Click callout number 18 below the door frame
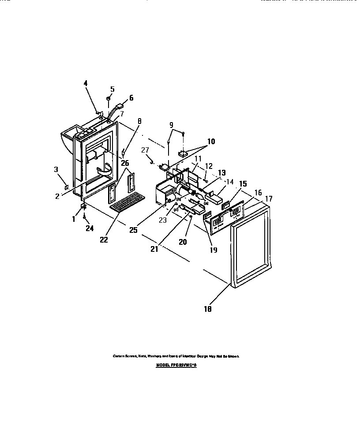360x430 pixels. [x=207, y=309]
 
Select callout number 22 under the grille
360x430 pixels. [x=104, y=239]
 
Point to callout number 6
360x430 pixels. [x=131, y=98]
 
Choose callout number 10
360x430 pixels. [x=211, y=142]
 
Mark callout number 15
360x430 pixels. [x=243, y=183]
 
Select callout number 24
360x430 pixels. [x=90, y=228]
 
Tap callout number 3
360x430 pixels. [x=56, y=169]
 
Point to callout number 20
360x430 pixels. [x=183, y=242]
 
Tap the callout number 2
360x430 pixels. [x=57, y=196]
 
